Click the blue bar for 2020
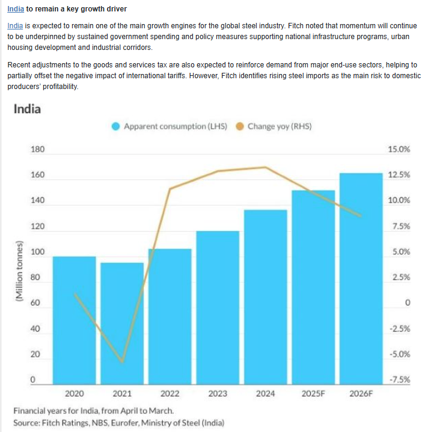pos(74,319)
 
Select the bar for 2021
pos(122,322)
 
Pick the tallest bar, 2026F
pos(361,277)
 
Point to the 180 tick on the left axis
pos(37,149)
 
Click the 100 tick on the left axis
pos(37,252)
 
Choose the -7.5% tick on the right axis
pos(399,380)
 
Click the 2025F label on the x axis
pos(313,393)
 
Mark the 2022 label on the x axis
pos(170,393)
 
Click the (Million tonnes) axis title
pos(19,271)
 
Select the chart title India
pos(27,109)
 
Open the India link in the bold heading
pos(16,10)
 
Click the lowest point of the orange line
pos(122,362)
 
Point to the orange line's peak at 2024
pos(265,167)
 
